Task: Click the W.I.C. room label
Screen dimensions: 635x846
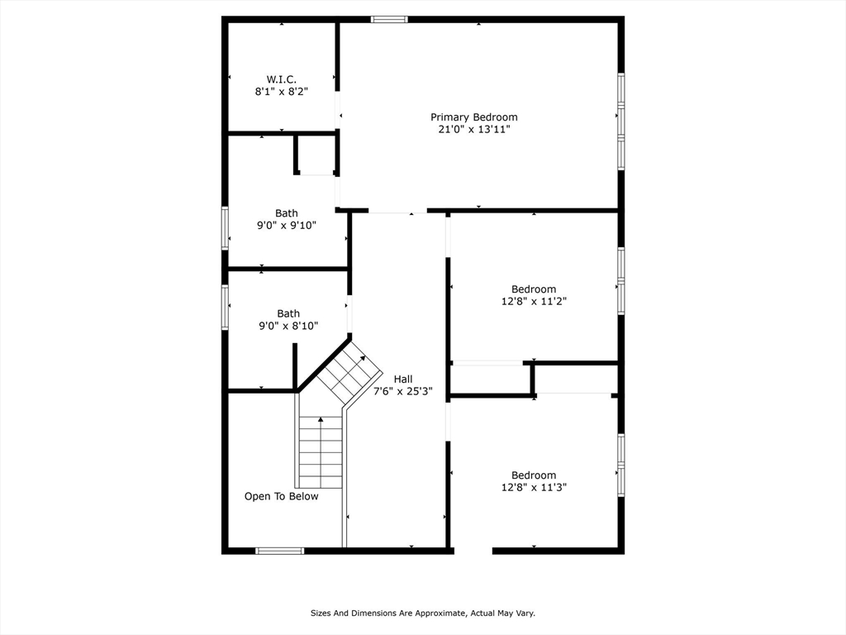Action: pos(281,79)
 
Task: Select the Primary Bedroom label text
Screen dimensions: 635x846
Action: pos(473,117)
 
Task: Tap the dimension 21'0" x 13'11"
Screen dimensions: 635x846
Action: pos(473,130)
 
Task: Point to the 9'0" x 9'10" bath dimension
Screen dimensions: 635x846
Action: pos(287,225)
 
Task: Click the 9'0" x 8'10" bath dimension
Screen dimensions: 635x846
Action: pos(288,326)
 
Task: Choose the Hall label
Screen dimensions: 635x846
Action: pos(403,379)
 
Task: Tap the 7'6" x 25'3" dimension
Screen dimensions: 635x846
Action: pos(403,391)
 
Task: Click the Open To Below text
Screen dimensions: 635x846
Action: pos(281,496)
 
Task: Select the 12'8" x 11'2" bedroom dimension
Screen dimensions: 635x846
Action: pos(534,301)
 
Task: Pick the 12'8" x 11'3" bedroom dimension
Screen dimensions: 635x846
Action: pos(534,487)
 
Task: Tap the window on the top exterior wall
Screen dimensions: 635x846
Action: pos(388,19)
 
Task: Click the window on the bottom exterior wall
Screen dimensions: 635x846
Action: pos(279,550)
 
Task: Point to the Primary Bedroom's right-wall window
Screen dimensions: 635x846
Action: pos(620,121)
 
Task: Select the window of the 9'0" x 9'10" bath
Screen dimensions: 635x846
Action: pos(225,227)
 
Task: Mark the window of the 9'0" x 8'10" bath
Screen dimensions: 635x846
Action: pos(225,307)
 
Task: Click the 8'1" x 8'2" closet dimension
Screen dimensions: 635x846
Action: pos(281,92)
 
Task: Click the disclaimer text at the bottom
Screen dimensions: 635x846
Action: pos(423,614)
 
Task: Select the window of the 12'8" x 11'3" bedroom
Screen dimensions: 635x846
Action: pos(620,465)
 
